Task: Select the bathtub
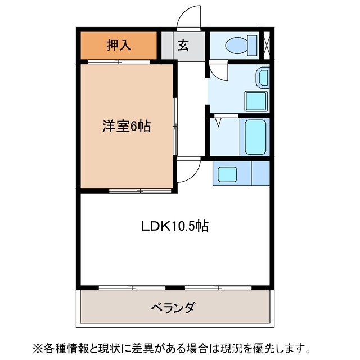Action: [x=255, y=137]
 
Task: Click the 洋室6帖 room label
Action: [x=126, y=126]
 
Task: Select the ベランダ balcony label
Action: [x=173, y=308]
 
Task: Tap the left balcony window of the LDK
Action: [x=132, y=288]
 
